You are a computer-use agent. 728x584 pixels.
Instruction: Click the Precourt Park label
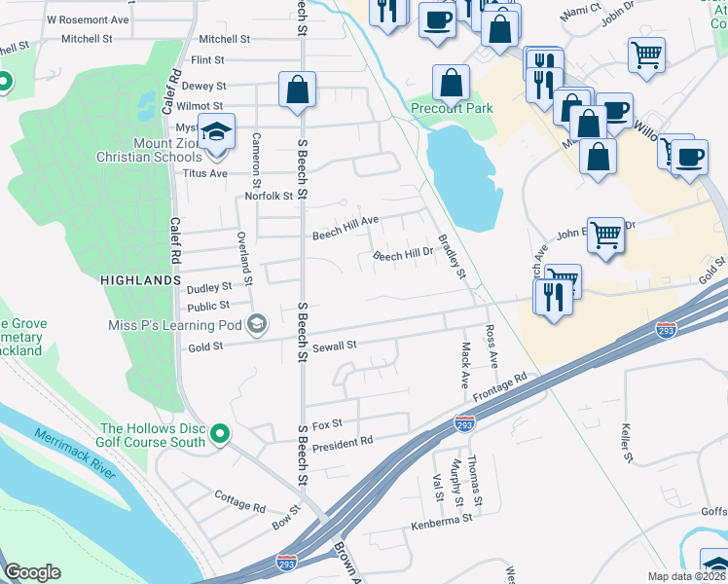pos(451,109)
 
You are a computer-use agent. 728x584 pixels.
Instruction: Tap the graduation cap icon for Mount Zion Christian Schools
pos(217,132)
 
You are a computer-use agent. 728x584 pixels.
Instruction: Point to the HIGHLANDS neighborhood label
pos(140,279)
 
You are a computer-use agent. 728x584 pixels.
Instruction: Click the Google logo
pos(32,572)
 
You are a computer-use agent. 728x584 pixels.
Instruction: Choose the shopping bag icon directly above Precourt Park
pos(452,83)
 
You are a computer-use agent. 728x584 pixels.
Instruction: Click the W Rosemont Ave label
pos(88,19)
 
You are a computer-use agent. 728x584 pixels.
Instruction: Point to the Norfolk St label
pos(269,196)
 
